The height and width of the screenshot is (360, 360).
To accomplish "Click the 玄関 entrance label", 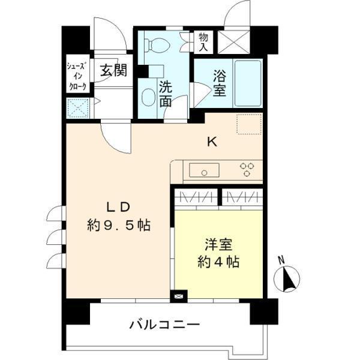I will point(112,71).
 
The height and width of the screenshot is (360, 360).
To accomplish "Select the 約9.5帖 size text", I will point(118,226).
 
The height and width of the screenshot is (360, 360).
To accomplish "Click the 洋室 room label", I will point(218,245).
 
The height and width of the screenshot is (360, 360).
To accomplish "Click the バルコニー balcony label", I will point(164,326).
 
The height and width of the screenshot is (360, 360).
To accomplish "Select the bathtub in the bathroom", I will point(247,83).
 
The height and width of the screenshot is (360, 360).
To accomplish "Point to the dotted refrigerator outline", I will point(248,125).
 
